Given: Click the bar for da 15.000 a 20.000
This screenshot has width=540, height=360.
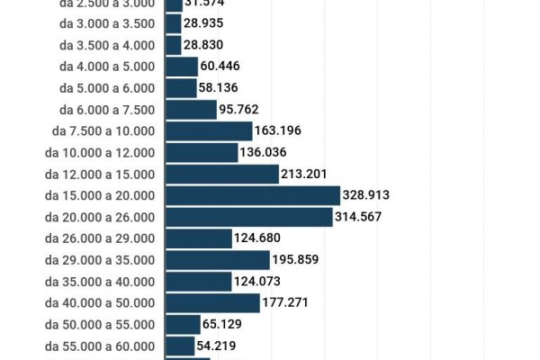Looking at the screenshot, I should pyautogui.click(x=253, y=195).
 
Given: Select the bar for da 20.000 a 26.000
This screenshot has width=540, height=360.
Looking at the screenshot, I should pyautogui.click(x=249, y=217).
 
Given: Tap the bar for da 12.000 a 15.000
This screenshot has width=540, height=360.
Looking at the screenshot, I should pyautogui.click(x=222, y=174).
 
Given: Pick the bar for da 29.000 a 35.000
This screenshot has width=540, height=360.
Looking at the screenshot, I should pyautogui.click(x=218, y=260).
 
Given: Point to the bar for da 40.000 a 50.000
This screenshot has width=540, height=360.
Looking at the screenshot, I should pyautogui.click(x=212, y=302).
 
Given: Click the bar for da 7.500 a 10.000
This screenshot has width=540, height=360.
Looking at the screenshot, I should pyautogui.click(x=209, y=130).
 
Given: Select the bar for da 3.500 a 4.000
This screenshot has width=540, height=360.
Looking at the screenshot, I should pyautogui.click(x=174, y=44).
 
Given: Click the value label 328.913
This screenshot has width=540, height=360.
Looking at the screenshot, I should pyautogui.click(x=366, y=195).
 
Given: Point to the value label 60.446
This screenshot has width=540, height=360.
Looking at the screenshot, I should pyautogui.click(x=220, y=66).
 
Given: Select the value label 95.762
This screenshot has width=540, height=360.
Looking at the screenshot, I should pyautogui.click(x=238, y=109).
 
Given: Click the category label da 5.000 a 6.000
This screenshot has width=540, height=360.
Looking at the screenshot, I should pyautogui.click(x=106, y=87).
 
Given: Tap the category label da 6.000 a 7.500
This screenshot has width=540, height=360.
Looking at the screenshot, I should pyautogui.click(x=106, y=109).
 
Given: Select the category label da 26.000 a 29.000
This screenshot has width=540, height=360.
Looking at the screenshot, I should pyautogui.click(x=99, y=238).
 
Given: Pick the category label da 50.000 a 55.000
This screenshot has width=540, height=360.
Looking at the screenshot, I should pyautogui.click(x=99, y=324).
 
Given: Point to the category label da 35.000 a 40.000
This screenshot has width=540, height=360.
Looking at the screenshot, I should pyautogui.click(x=99, y=282).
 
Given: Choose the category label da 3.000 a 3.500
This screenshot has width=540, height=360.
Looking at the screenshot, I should pyautogui.click(x=106, y=22).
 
